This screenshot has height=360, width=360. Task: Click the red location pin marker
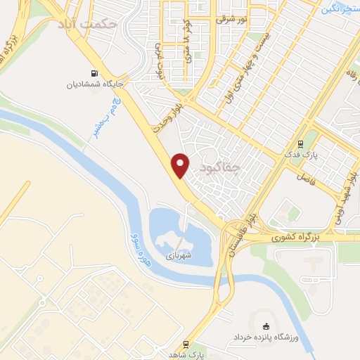click(181, 165)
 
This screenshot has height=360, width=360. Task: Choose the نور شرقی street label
click(232, 20)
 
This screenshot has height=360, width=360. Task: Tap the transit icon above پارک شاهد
click(186, 344)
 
